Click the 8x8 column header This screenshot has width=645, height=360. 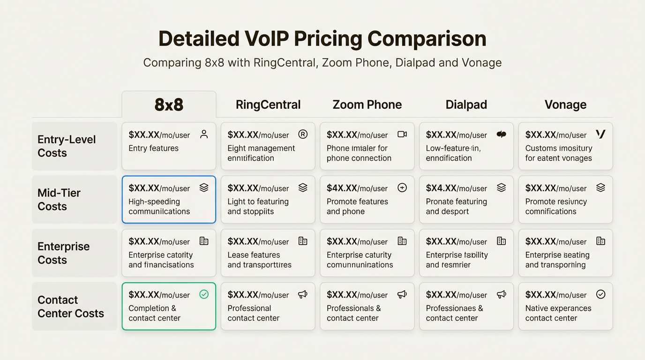[169, 105]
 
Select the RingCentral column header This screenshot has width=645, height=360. [268, 105]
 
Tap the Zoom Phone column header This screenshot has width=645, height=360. [367, 105]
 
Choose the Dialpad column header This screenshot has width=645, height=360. [466, 105]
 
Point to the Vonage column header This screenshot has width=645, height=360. [565, 105]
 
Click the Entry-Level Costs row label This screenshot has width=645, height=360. [67, 146]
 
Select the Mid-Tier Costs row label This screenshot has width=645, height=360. [59, 200]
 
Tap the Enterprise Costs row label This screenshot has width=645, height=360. [63, 253]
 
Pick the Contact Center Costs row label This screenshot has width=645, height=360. [71, 307]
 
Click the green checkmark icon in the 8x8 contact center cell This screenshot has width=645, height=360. [204, 294]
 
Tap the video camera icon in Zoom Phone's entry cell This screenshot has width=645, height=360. [402, 134]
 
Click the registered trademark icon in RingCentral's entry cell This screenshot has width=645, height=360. [303, 134]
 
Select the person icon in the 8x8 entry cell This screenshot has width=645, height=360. [204, 134]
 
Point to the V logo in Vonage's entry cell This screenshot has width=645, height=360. [600, 134]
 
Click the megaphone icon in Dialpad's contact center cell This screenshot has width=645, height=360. [502, 294]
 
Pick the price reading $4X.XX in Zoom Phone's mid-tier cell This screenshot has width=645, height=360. [342, 188]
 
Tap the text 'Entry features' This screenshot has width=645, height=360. [153, 148]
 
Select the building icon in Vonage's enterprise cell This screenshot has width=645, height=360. [600, 241]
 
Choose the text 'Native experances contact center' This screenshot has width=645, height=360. [558, 313]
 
